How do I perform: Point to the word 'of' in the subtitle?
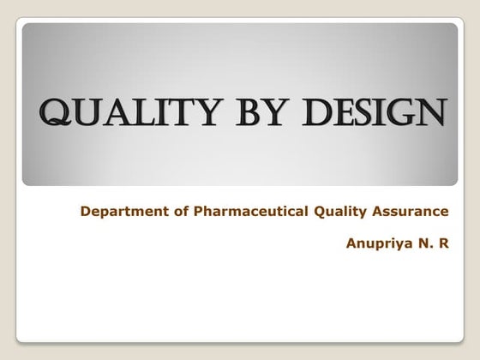click(171, 211)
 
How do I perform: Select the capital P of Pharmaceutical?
click(188, 211)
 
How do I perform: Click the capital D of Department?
click(85, 211)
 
